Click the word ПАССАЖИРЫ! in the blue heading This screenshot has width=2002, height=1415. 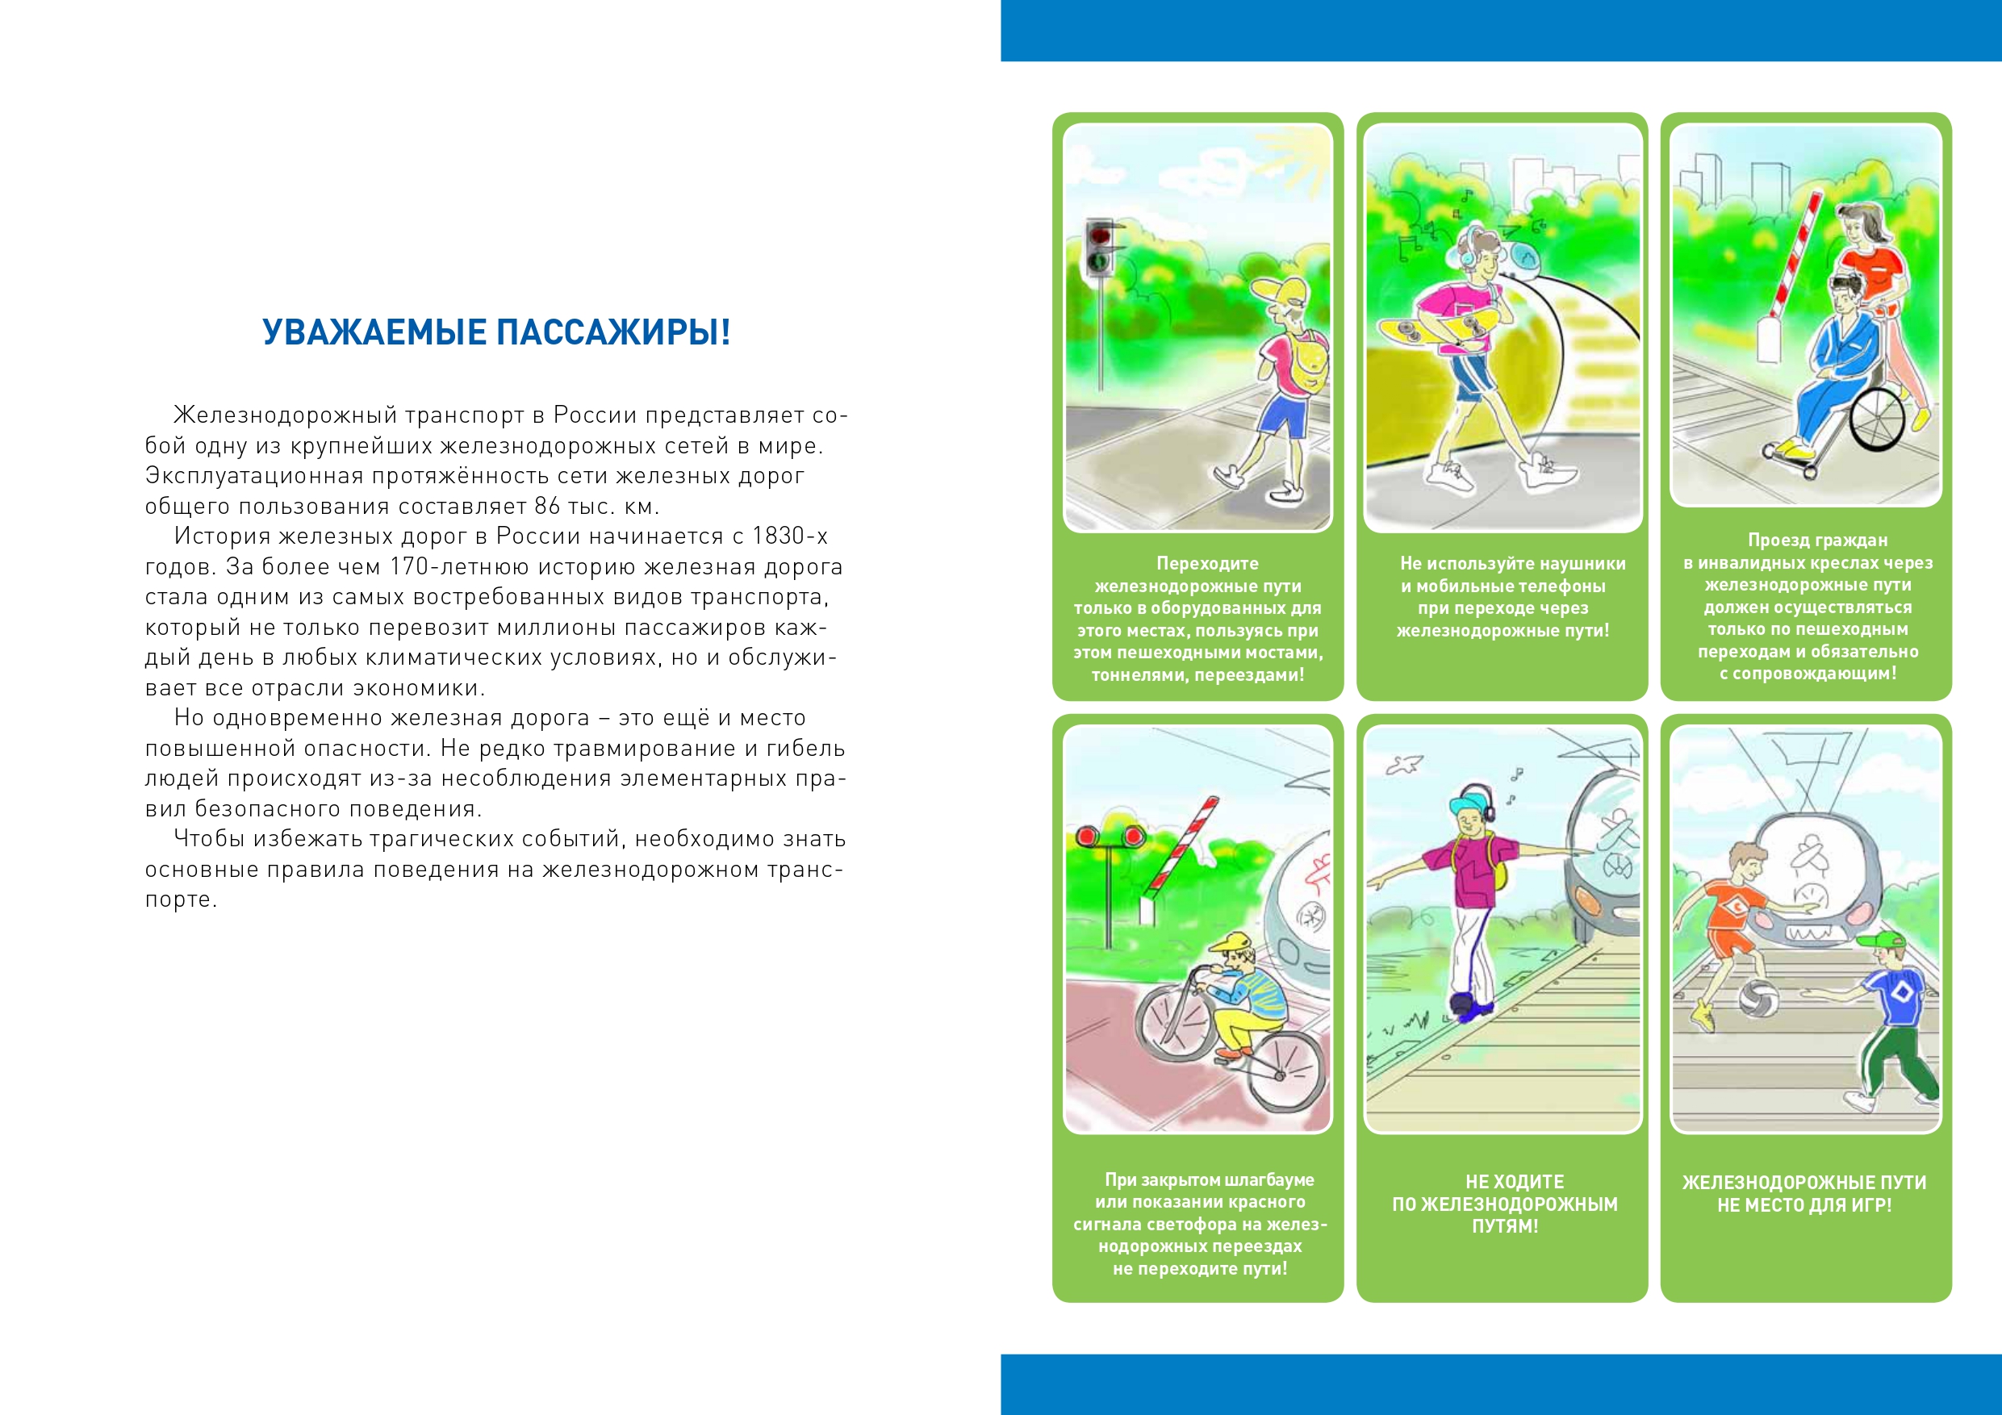coord(613,333)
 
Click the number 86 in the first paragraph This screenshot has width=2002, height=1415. coord(548,507)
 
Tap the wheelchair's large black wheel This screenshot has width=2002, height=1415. coord(1876,419)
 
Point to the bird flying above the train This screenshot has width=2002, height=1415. coord(1405,765)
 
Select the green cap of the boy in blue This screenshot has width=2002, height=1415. coord(1884,941)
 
